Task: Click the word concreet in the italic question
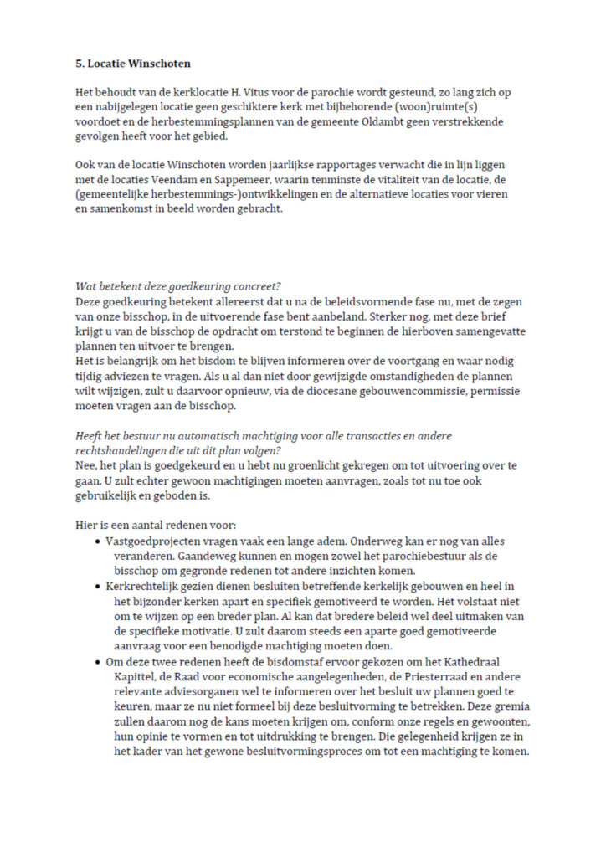256,287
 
